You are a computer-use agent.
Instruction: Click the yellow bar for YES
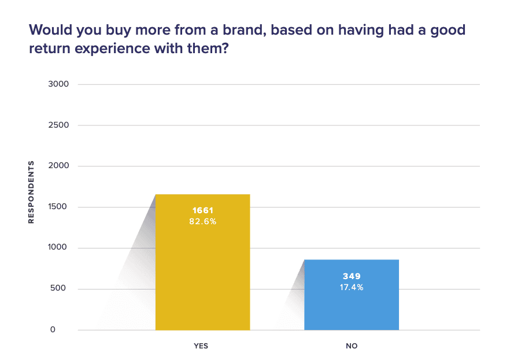(202, 272)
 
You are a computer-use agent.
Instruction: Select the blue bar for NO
(352, 306)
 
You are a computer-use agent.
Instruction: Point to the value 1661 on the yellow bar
(202, 210)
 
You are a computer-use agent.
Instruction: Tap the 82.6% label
(202, 221)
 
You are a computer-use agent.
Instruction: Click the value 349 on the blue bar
(352, 276)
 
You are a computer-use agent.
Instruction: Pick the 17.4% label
(352, 287)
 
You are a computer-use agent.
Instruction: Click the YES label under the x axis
(201, 346)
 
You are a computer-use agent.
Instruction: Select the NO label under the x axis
(352, 346)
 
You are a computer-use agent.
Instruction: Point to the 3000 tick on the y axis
(59, 84)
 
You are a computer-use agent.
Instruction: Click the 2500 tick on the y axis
(59, 125)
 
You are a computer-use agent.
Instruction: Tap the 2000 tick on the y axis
(59, 166)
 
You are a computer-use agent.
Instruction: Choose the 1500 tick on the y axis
(59, 207)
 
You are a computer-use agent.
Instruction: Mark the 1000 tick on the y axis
(59, 248)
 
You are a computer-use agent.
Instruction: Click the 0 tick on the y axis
(66, 330)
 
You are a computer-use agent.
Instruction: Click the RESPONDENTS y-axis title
(31, 192)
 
